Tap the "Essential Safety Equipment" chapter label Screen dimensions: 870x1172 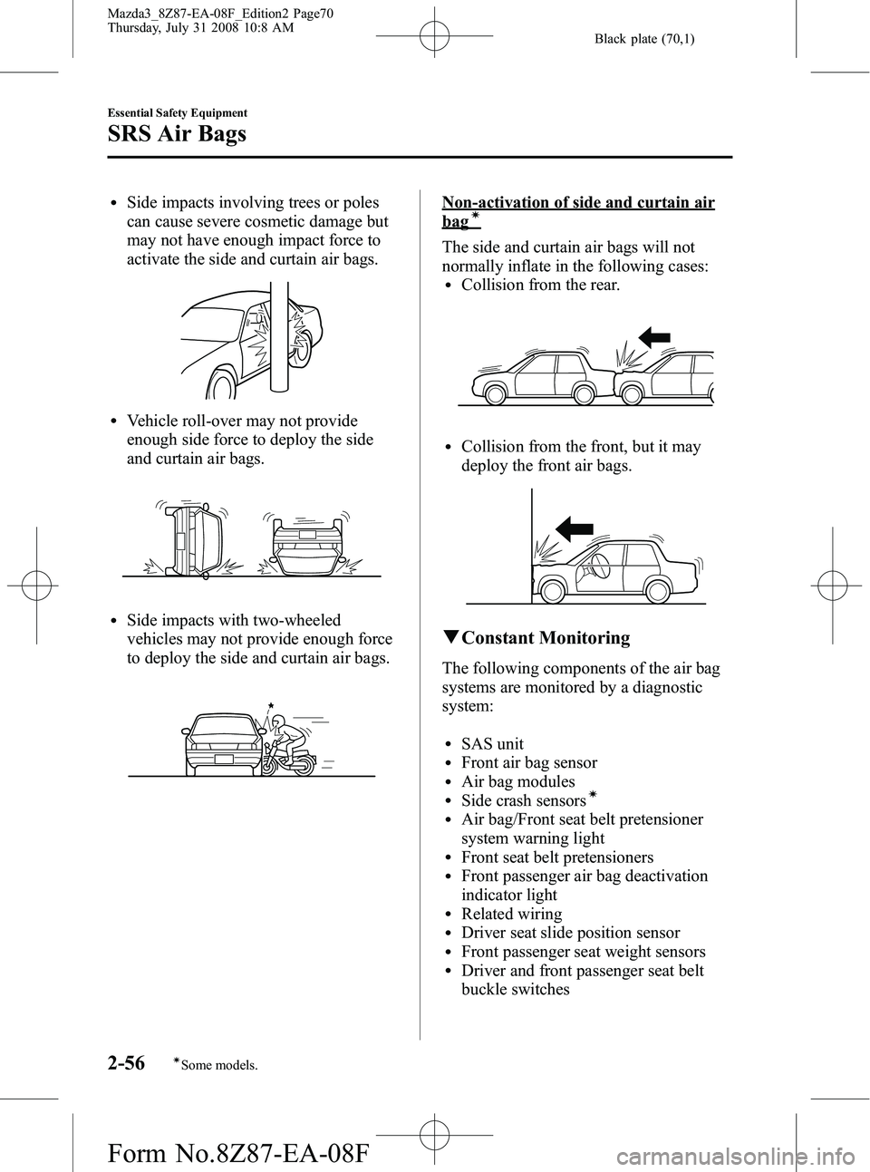pos(177,112)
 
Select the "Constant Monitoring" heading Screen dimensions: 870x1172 pos(546,638)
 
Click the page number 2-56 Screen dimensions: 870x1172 pos(126,1062)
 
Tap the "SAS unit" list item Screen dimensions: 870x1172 pos(492,743)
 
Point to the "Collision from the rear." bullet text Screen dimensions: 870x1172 pos(540,285)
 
